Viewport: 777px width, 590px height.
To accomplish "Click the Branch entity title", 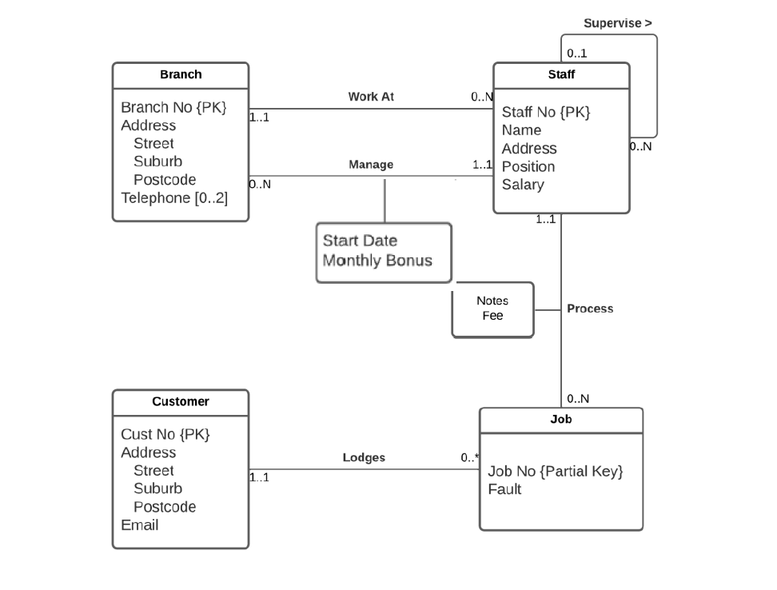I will [181, 74].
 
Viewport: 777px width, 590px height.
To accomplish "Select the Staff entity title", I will [561, 74].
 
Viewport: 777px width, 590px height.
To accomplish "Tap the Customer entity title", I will [181, 401].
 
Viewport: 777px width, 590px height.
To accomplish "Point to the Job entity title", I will [561, 419].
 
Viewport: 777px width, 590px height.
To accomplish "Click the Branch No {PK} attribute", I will [173, 107].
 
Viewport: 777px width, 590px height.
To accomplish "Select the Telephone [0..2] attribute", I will [174, 197].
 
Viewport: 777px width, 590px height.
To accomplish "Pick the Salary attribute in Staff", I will [523, 185].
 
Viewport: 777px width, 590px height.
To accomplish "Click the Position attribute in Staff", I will [528, 166].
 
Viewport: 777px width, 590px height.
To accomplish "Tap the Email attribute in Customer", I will [140, 525].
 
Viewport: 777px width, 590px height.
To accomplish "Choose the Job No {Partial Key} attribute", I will [555, 471].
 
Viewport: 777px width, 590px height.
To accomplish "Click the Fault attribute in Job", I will [504, 489].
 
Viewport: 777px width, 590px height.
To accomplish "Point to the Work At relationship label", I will [371, 97].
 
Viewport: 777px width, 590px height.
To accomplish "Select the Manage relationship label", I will [371, 165].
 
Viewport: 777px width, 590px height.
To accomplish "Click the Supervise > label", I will [618, 23].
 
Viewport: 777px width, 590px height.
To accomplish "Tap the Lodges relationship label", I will [364, 458].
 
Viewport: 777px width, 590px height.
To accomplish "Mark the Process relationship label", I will [590, 309].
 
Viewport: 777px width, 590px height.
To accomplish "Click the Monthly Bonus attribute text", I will [377, 261].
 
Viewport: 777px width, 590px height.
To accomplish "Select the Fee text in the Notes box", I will [492, 316].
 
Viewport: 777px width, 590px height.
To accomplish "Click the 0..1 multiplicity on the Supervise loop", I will [577, 54].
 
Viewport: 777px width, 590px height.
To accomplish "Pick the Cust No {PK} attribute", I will [165, 434].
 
